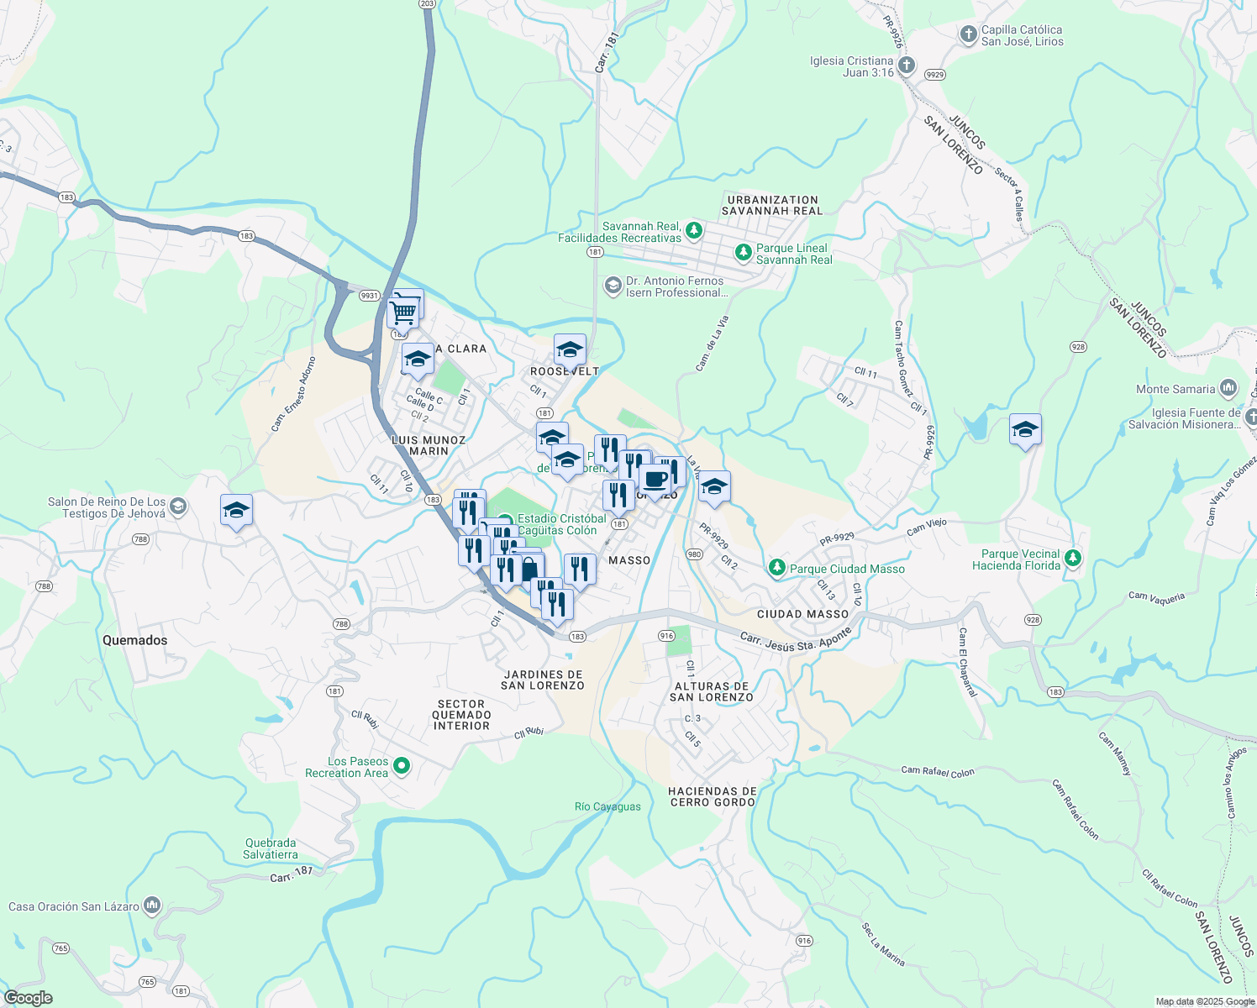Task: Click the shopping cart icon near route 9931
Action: tap(403, 312)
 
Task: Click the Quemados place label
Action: tap(134, 640)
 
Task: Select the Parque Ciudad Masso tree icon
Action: tap(777, 569)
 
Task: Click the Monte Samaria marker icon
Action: tap(1228, 389)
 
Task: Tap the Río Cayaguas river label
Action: tap(607, 806)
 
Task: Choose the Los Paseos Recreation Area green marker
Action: tap(402, 766)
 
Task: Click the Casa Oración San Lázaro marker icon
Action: tap(152, 906)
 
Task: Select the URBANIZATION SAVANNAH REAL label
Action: tap(771, 206)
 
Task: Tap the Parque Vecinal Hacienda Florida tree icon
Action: tap(1072, 559)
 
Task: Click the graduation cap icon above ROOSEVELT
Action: tap(570, 349)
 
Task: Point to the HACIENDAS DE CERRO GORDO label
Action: tap(713, 796)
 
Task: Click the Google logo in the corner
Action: tap(28, 998)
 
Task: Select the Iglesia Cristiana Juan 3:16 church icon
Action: tap(907, 67)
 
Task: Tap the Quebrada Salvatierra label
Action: tap(271, 848)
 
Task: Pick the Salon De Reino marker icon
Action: tap(177, 507)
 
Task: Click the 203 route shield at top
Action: tap(427, 3)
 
